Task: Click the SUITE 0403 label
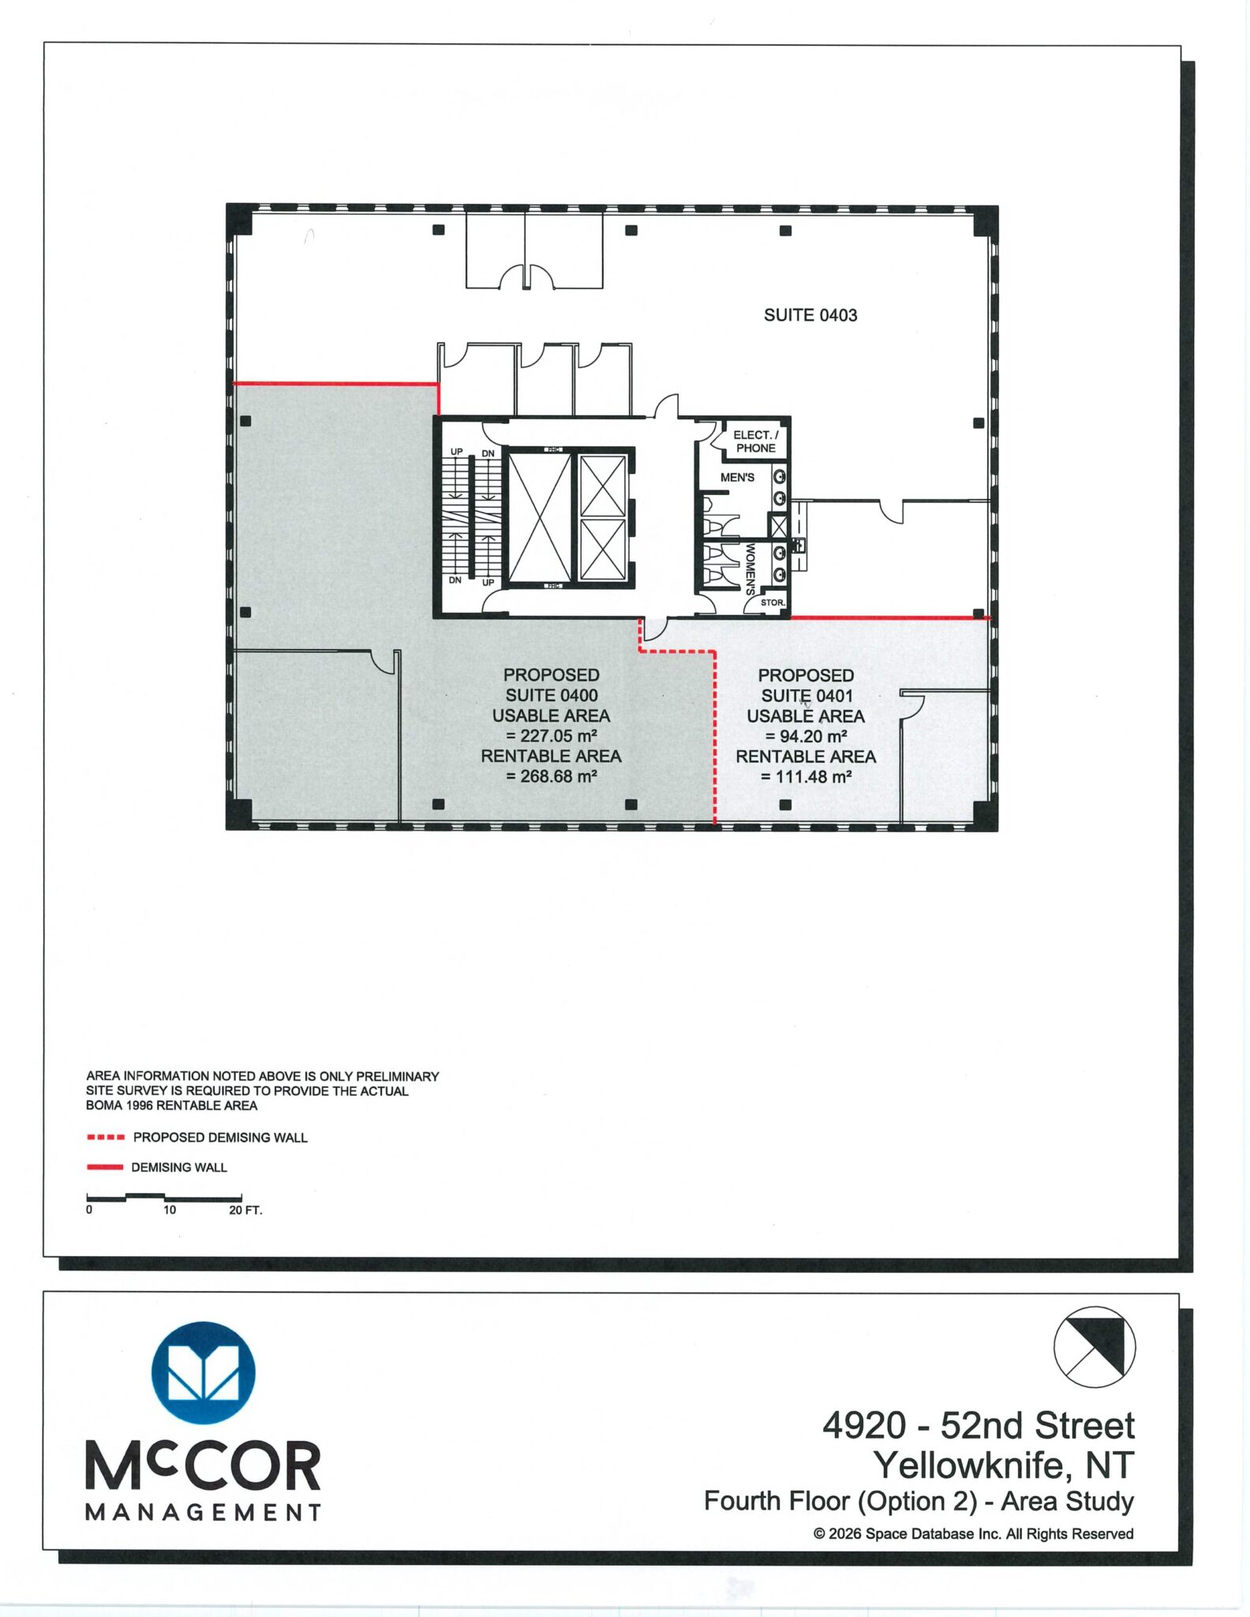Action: point(810,315)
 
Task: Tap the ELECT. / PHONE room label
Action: point(755,441)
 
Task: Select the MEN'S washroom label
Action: point(737,478)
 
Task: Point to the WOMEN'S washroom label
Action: point(750,568)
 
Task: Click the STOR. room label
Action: point(773,602)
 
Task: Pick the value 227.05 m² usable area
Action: point(552,736)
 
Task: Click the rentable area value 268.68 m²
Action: point(552,776)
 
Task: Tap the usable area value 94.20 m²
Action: point(807,737)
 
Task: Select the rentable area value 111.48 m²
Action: point(807,777)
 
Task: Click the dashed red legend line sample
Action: point(106,1138)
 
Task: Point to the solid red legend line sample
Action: point(105,1167)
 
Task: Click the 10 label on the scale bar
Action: point(170,1210)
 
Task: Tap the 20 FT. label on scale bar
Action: point(245,1210)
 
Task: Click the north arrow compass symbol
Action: point(1095,1347)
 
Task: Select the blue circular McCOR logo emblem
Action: point(204,1373)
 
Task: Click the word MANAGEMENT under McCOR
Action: point(204,1513)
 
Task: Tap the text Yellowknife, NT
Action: point(1004,1465)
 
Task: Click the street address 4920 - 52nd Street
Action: point(979,1425)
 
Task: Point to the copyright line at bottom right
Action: point(974,1533)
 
